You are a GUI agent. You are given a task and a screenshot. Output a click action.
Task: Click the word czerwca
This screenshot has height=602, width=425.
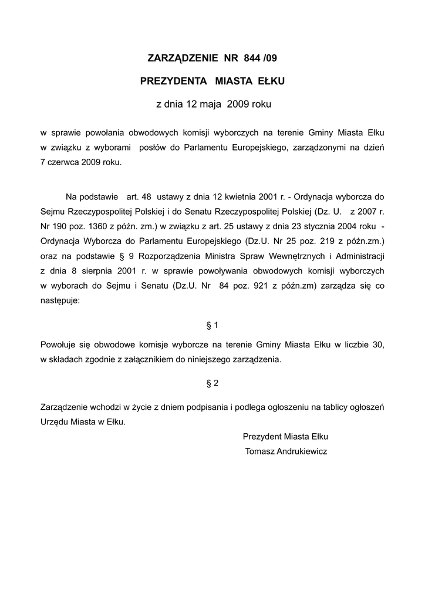(63, 162)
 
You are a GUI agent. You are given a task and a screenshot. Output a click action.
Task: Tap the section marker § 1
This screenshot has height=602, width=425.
(212, 325)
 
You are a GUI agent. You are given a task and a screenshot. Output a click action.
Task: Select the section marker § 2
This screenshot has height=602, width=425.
(212, 383)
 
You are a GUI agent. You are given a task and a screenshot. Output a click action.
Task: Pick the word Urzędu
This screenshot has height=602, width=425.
(55, 422)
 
